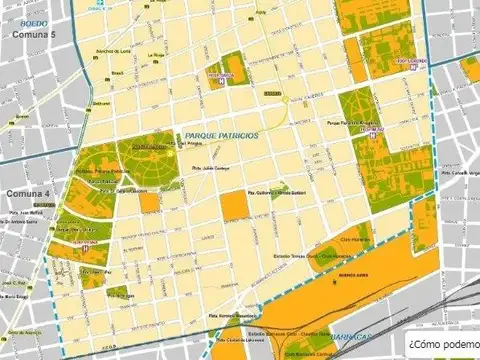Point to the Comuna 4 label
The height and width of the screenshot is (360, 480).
click(x=27, y=192)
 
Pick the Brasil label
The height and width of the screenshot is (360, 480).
click(x=116, y=72)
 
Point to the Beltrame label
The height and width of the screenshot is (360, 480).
click(x=100, y=102)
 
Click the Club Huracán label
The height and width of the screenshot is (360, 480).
click(x=356, y=241)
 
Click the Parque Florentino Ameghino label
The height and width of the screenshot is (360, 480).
click(x=354, y=123)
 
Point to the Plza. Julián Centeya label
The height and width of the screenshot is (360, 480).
click(x=211, y=167)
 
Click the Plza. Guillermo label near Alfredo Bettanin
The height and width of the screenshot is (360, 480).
click(x=276, y=191)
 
